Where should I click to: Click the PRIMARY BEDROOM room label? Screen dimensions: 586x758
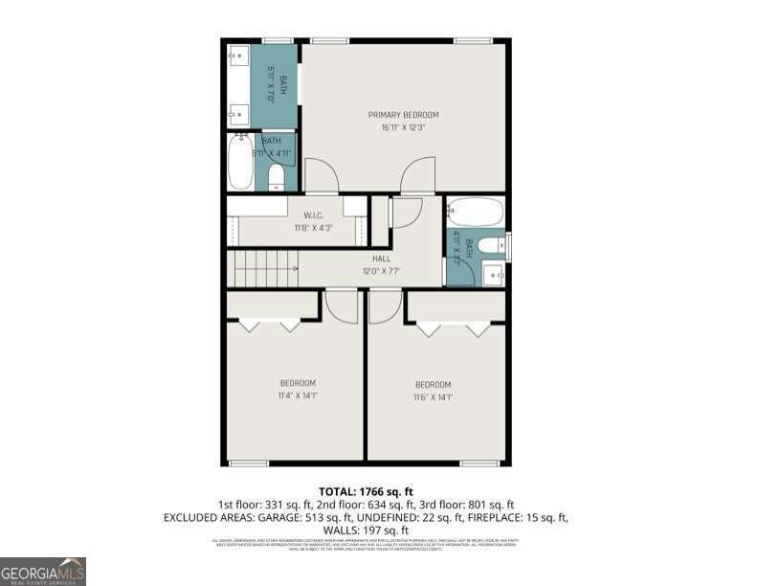coord(403,115)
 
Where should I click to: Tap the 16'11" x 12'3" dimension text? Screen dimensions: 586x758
coord(403,126)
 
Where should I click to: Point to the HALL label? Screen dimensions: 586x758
coord(381,259)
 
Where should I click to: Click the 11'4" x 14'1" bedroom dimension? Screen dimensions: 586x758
coord(297,394)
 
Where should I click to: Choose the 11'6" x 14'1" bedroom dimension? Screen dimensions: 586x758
coord(433,396)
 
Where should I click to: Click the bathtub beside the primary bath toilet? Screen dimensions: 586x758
coord(241,163)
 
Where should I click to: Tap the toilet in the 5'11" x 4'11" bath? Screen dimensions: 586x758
coord(276,176)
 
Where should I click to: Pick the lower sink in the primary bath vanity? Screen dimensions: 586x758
coord(237,115)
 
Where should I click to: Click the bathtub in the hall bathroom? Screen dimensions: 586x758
coord(475,212)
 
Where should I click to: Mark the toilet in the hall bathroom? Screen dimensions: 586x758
coord(490,246)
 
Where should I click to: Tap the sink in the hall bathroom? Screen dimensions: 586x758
coord(494,275)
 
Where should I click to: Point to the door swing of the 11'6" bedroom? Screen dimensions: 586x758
coord(384,306)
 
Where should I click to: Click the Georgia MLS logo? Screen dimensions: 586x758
coord(43,571)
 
